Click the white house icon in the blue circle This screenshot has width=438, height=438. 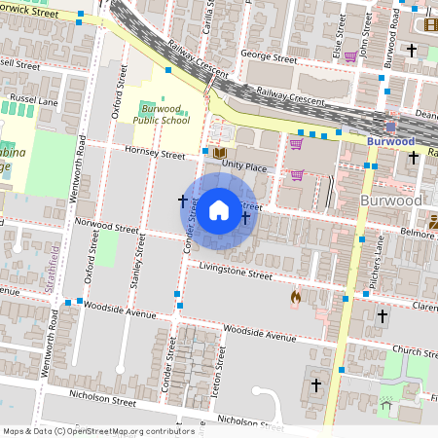pyautogui.click(x=219, y=209)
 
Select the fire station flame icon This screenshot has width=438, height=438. pyautogui.click(x=296, y=298)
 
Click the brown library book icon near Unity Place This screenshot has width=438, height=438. pyautogui.click(x=220, y=154)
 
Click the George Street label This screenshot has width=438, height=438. pyautogui.click(x=268, y=57)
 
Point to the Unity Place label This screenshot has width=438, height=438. pyautogui.click(x=243, y=166)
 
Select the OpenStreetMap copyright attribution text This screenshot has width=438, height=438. pyautogui.click(x=98, y=430)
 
